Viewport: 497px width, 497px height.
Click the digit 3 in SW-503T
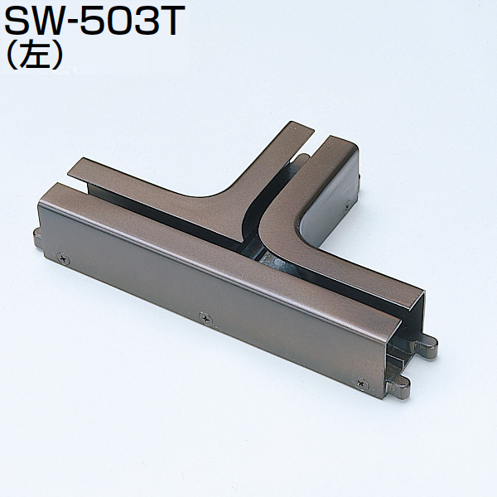152,20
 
